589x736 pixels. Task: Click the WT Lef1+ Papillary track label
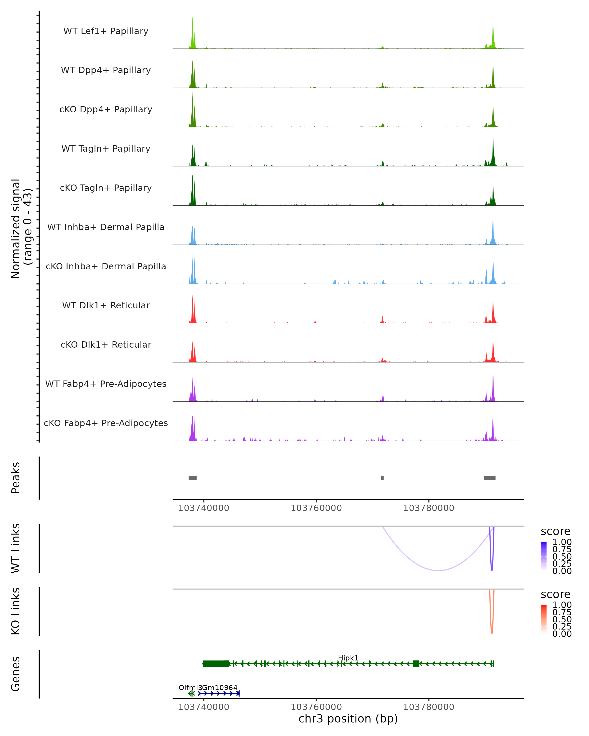click(x=106, y=31)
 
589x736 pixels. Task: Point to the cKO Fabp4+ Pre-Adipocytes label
click(x=106, y=423)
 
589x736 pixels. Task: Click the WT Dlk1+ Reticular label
click(x=106, y=305)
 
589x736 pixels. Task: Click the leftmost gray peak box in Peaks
click(x=193, y=478)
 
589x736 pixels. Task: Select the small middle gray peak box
click(x=382, y=478)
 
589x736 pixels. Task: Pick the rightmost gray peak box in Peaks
click(x=490, y=478)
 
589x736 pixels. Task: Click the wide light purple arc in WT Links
click(x=438, y=570)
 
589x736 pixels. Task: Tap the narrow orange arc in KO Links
click(x=492, y=632)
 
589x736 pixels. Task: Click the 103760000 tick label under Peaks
click(x=316, y=508)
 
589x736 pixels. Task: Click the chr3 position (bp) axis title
click(x=348, y=719)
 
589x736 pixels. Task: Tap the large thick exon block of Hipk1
click(x=216, y=664)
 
